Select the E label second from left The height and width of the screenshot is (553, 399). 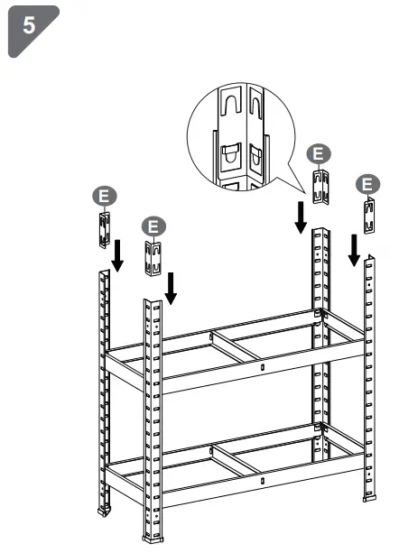(153, 226)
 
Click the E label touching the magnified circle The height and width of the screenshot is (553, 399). (317, 154)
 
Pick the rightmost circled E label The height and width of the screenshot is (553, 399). (366, 184)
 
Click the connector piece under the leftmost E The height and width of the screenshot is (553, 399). (104, 227)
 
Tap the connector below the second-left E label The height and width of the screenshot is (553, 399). (153, 260)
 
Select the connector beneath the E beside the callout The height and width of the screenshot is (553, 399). (320, 187)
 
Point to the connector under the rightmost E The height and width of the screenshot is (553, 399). (369, 217)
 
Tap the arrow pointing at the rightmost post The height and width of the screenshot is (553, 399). (355, 249)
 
